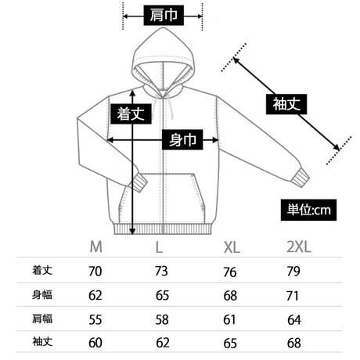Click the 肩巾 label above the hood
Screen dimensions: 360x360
point(164,15)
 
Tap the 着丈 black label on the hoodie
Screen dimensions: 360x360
point(131,113)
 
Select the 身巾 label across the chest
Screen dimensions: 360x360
point(182,139)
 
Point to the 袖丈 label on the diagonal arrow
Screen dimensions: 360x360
point(286,104)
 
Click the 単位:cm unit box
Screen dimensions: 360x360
point(308,210)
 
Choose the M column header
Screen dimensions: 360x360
point(95,247)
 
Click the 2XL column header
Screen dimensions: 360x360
point(299,247)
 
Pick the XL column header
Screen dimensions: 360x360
point(232,247)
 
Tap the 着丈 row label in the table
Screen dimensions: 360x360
point(42,270)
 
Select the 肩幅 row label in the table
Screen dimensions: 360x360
point(42,319)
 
